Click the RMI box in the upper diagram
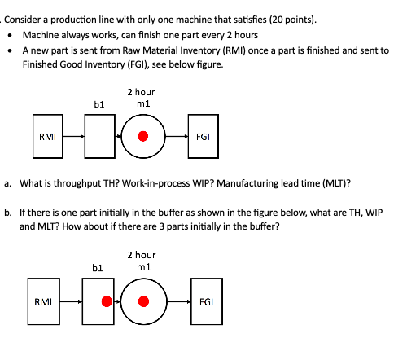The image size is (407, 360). [46, 137]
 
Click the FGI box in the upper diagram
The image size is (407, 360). [203, 137]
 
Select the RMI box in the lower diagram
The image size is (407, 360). [46, 301]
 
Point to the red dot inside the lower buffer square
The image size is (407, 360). [106, 301]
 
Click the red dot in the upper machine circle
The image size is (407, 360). [143, 137]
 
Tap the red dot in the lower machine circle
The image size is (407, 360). [143, 301]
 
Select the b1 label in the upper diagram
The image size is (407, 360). [99, 104]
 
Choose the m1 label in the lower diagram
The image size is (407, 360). [143, 267]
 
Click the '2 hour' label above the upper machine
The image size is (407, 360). [142, 92]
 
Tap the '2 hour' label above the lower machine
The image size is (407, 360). [142, 256]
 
